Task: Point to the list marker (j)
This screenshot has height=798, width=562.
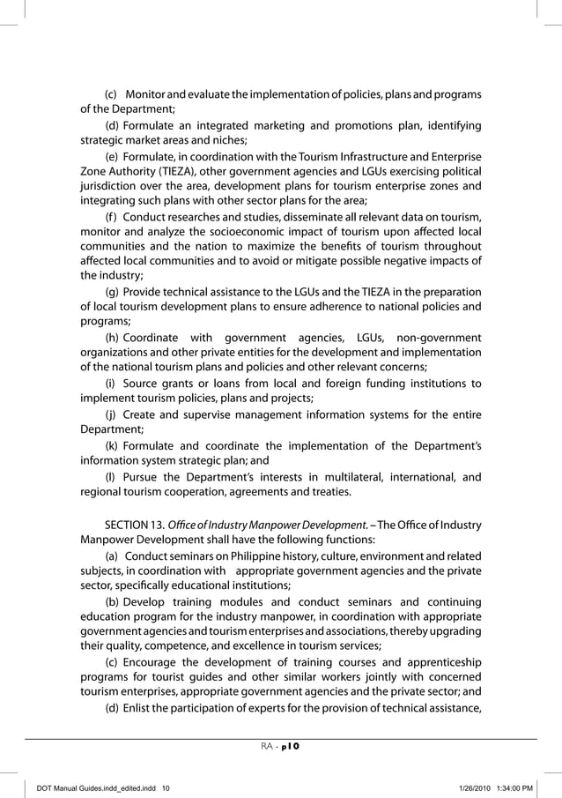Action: [111, 414]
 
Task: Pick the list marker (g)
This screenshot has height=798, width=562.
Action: [113, 293]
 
